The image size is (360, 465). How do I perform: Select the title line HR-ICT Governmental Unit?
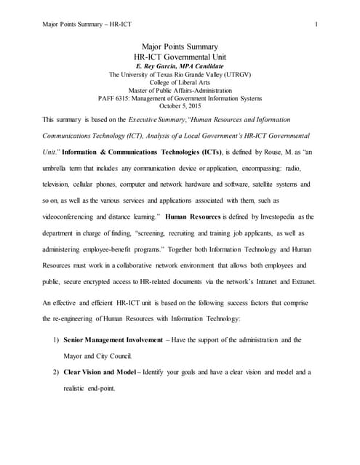coord(179,55)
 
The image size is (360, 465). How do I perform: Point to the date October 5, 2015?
coord(179,105)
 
